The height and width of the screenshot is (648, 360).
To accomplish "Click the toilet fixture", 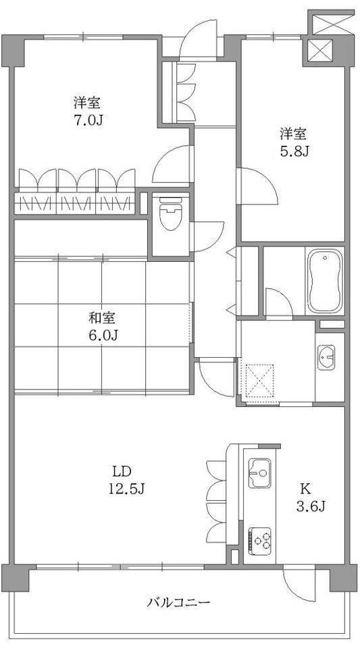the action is (170, 213).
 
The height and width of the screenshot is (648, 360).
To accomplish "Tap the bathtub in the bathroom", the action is (324, 281).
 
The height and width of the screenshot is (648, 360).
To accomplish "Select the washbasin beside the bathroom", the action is (326, 357).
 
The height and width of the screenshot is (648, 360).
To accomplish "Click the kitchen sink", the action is (259, 473).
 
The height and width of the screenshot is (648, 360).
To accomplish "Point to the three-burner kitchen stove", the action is (259, 541).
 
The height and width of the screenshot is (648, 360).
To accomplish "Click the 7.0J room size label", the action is (88, 120).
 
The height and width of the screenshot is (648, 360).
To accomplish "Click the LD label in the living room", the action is (122, 471).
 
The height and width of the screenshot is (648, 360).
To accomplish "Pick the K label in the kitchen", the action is (305, 489).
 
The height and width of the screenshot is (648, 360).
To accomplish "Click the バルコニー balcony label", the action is (178, 602).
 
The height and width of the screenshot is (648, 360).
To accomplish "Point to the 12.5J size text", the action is (126, 489).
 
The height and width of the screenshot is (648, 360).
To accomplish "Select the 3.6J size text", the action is (311, 506).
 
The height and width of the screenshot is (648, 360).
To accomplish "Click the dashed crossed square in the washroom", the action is (259, 381).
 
